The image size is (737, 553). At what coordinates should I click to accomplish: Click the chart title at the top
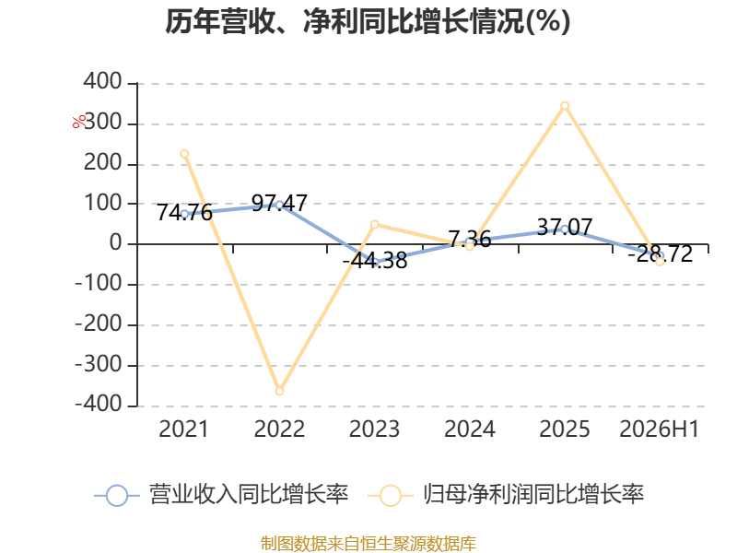[x=368, y=21]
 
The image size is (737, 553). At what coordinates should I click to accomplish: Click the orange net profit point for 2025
[x=565, y=106]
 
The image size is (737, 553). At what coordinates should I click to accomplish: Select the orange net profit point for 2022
[x=280, y=391]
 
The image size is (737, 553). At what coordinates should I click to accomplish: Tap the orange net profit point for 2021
[x=184, y=154]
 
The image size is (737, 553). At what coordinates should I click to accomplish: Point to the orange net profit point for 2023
[x=375, y=224]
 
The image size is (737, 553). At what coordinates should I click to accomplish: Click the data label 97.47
[x=279, y=203]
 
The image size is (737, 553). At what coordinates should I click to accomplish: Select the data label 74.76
[x=184, y=213]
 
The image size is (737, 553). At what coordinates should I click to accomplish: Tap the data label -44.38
[x=375, y=261]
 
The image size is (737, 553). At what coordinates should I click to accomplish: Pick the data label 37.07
[x=565, y=228]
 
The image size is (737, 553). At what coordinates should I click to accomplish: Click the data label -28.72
[x=661, y=254]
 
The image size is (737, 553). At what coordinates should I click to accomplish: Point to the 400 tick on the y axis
[x=103, y=81]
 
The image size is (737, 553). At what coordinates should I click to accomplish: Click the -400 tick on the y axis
[x=99, y=404]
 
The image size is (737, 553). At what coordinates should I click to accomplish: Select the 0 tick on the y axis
[x=116, y=243]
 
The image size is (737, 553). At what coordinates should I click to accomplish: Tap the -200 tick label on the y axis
[x=99, y=324]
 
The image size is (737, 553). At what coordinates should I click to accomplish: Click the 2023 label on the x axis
[x=375, y=429]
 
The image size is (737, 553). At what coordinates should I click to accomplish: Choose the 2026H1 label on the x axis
[x=660, y=429]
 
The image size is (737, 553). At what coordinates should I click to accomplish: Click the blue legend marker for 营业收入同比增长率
[x=117, y=496]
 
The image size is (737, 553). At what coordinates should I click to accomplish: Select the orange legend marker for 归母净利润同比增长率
[x=390, y=496]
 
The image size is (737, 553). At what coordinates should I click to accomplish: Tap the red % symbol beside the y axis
[x=79, y=122]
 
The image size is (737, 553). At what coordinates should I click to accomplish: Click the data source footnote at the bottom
[x=368, y=543]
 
